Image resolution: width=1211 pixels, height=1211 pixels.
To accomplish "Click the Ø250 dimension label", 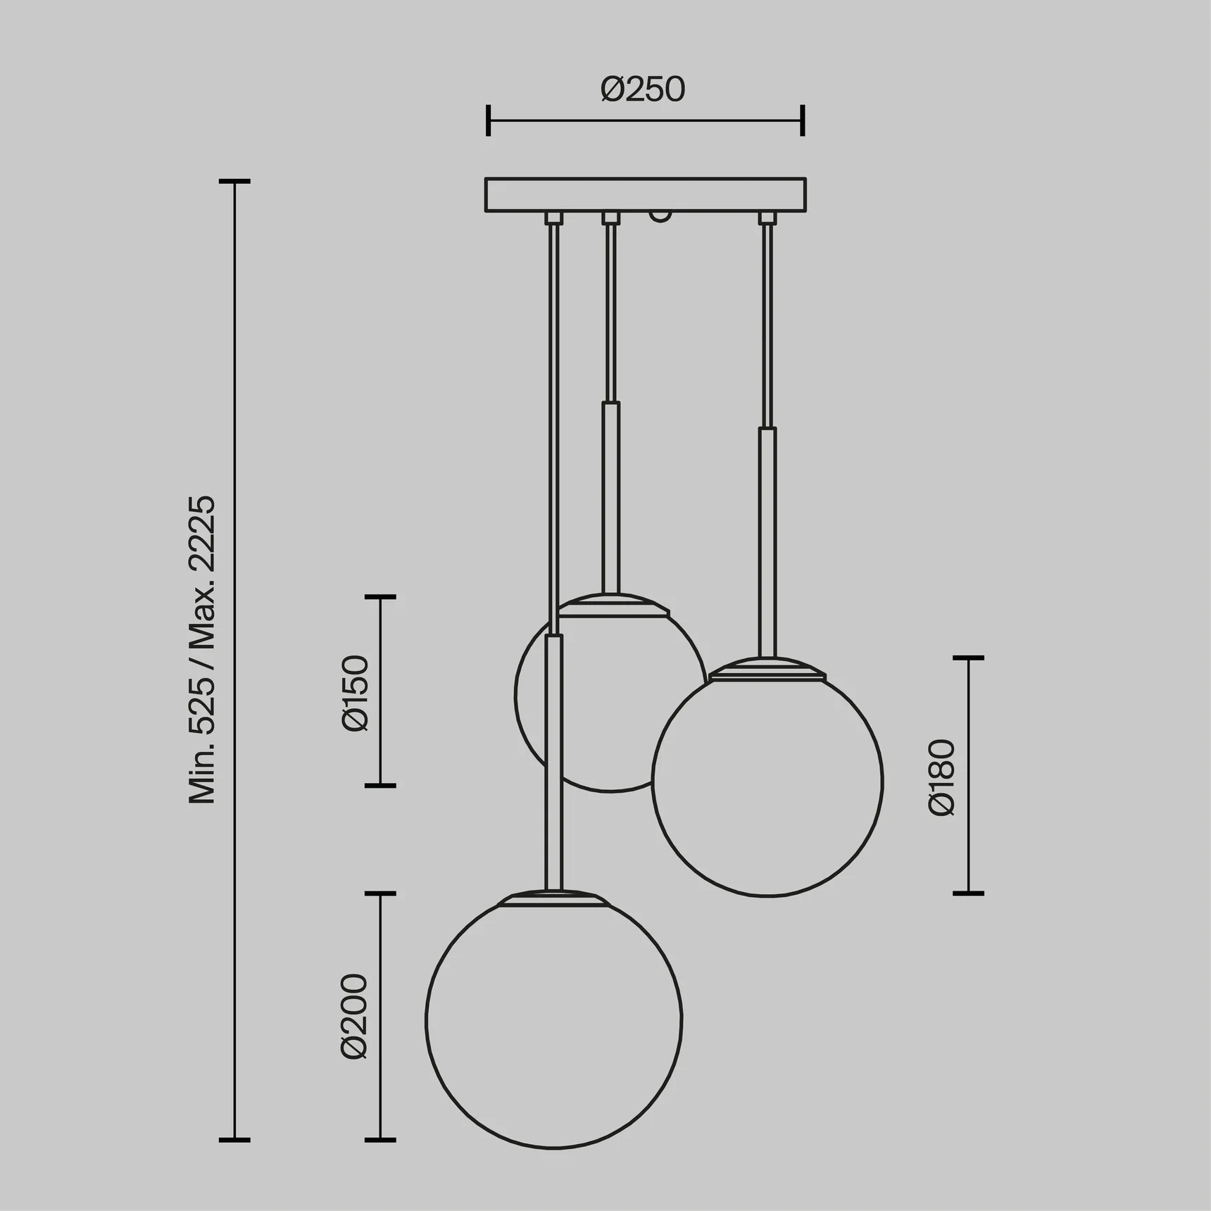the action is (x=643, y=89).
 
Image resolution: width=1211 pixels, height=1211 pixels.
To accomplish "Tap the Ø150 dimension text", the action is (x=355, y=693).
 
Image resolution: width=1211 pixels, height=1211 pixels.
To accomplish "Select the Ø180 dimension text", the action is (x=941, y=777).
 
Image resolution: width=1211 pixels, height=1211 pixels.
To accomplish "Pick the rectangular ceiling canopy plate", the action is (x=646, y=195).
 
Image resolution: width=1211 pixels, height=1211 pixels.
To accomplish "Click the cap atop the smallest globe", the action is (x=611, y=605).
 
